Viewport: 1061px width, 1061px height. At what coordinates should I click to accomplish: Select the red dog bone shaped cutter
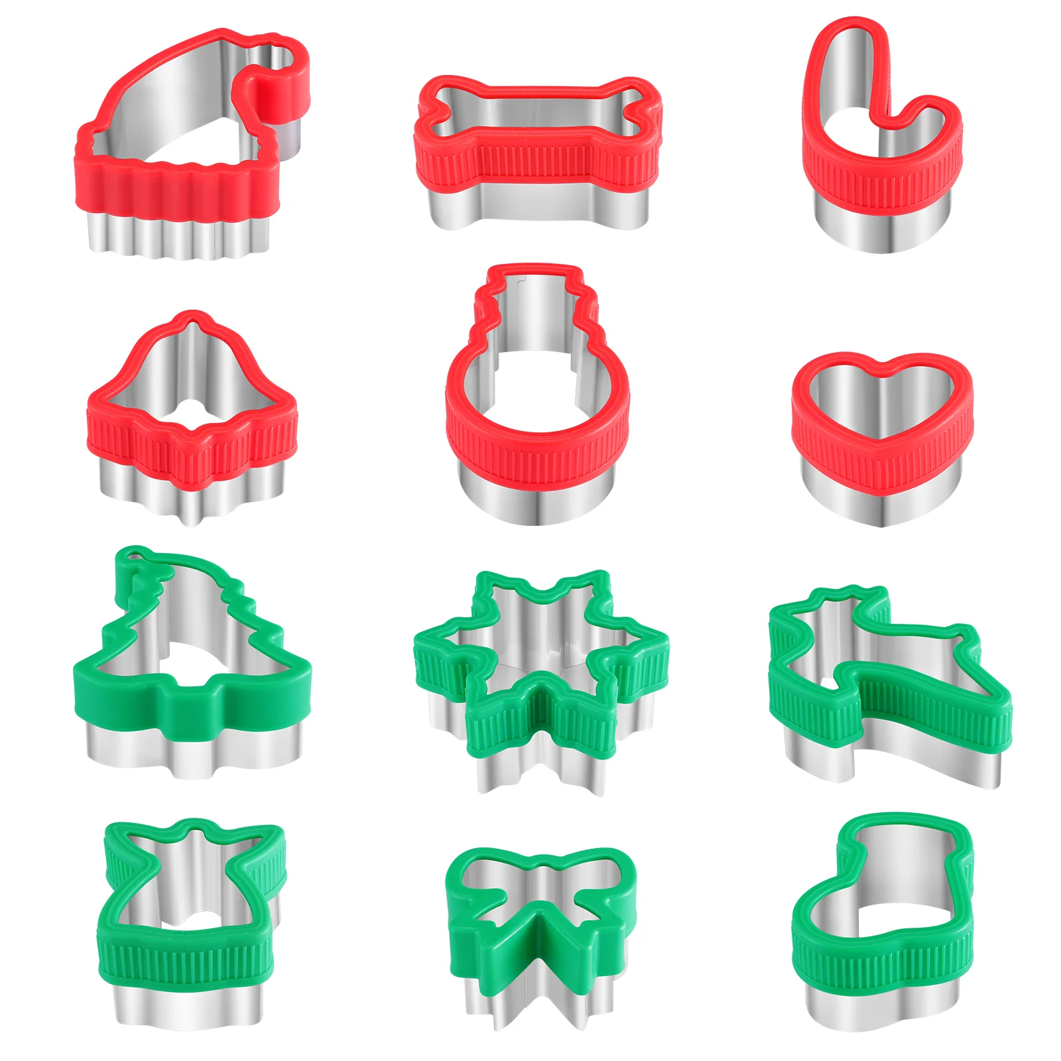click(537, 159)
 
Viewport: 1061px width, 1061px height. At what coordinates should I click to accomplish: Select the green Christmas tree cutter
click(192, 696)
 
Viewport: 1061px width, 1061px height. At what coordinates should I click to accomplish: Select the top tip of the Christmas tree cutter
click(136, 557)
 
